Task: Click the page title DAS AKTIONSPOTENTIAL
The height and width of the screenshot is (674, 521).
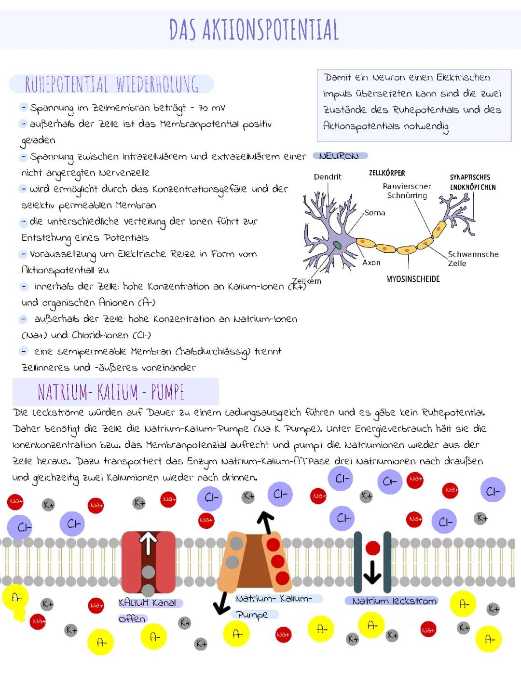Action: coord(254,29)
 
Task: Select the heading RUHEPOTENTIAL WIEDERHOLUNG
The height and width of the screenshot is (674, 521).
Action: coord(111,84)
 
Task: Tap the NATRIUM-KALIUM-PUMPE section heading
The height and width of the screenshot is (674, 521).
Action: coord(111,392)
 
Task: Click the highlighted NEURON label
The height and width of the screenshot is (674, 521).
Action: coord(340,156)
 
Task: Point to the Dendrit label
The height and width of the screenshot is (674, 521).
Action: coord(328,177)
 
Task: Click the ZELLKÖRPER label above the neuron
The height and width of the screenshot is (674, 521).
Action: coord(387,173)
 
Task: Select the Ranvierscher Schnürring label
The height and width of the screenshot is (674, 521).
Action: coord(407,191)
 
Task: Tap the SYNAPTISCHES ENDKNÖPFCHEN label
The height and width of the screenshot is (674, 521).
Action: coord(472,182)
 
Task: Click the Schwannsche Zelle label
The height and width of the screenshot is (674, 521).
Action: coord(473,259)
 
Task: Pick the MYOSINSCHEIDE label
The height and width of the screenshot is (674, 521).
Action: coord(413,279)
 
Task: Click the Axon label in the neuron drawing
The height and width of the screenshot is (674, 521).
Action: coord(371,262)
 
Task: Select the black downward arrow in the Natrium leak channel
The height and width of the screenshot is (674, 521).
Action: coord(372,572)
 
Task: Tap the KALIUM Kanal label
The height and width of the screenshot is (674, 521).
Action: coord(147,603)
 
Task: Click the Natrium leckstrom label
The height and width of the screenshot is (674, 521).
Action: coord(394,601)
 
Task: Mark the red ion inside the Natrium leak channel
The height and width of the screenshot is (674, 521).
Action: coord(372,548)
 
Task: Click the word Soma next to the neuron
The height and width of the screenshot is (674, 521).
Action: coord(374,212)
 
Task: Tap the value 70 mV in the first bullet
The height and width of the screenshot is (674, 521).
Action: coord(211,108)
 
